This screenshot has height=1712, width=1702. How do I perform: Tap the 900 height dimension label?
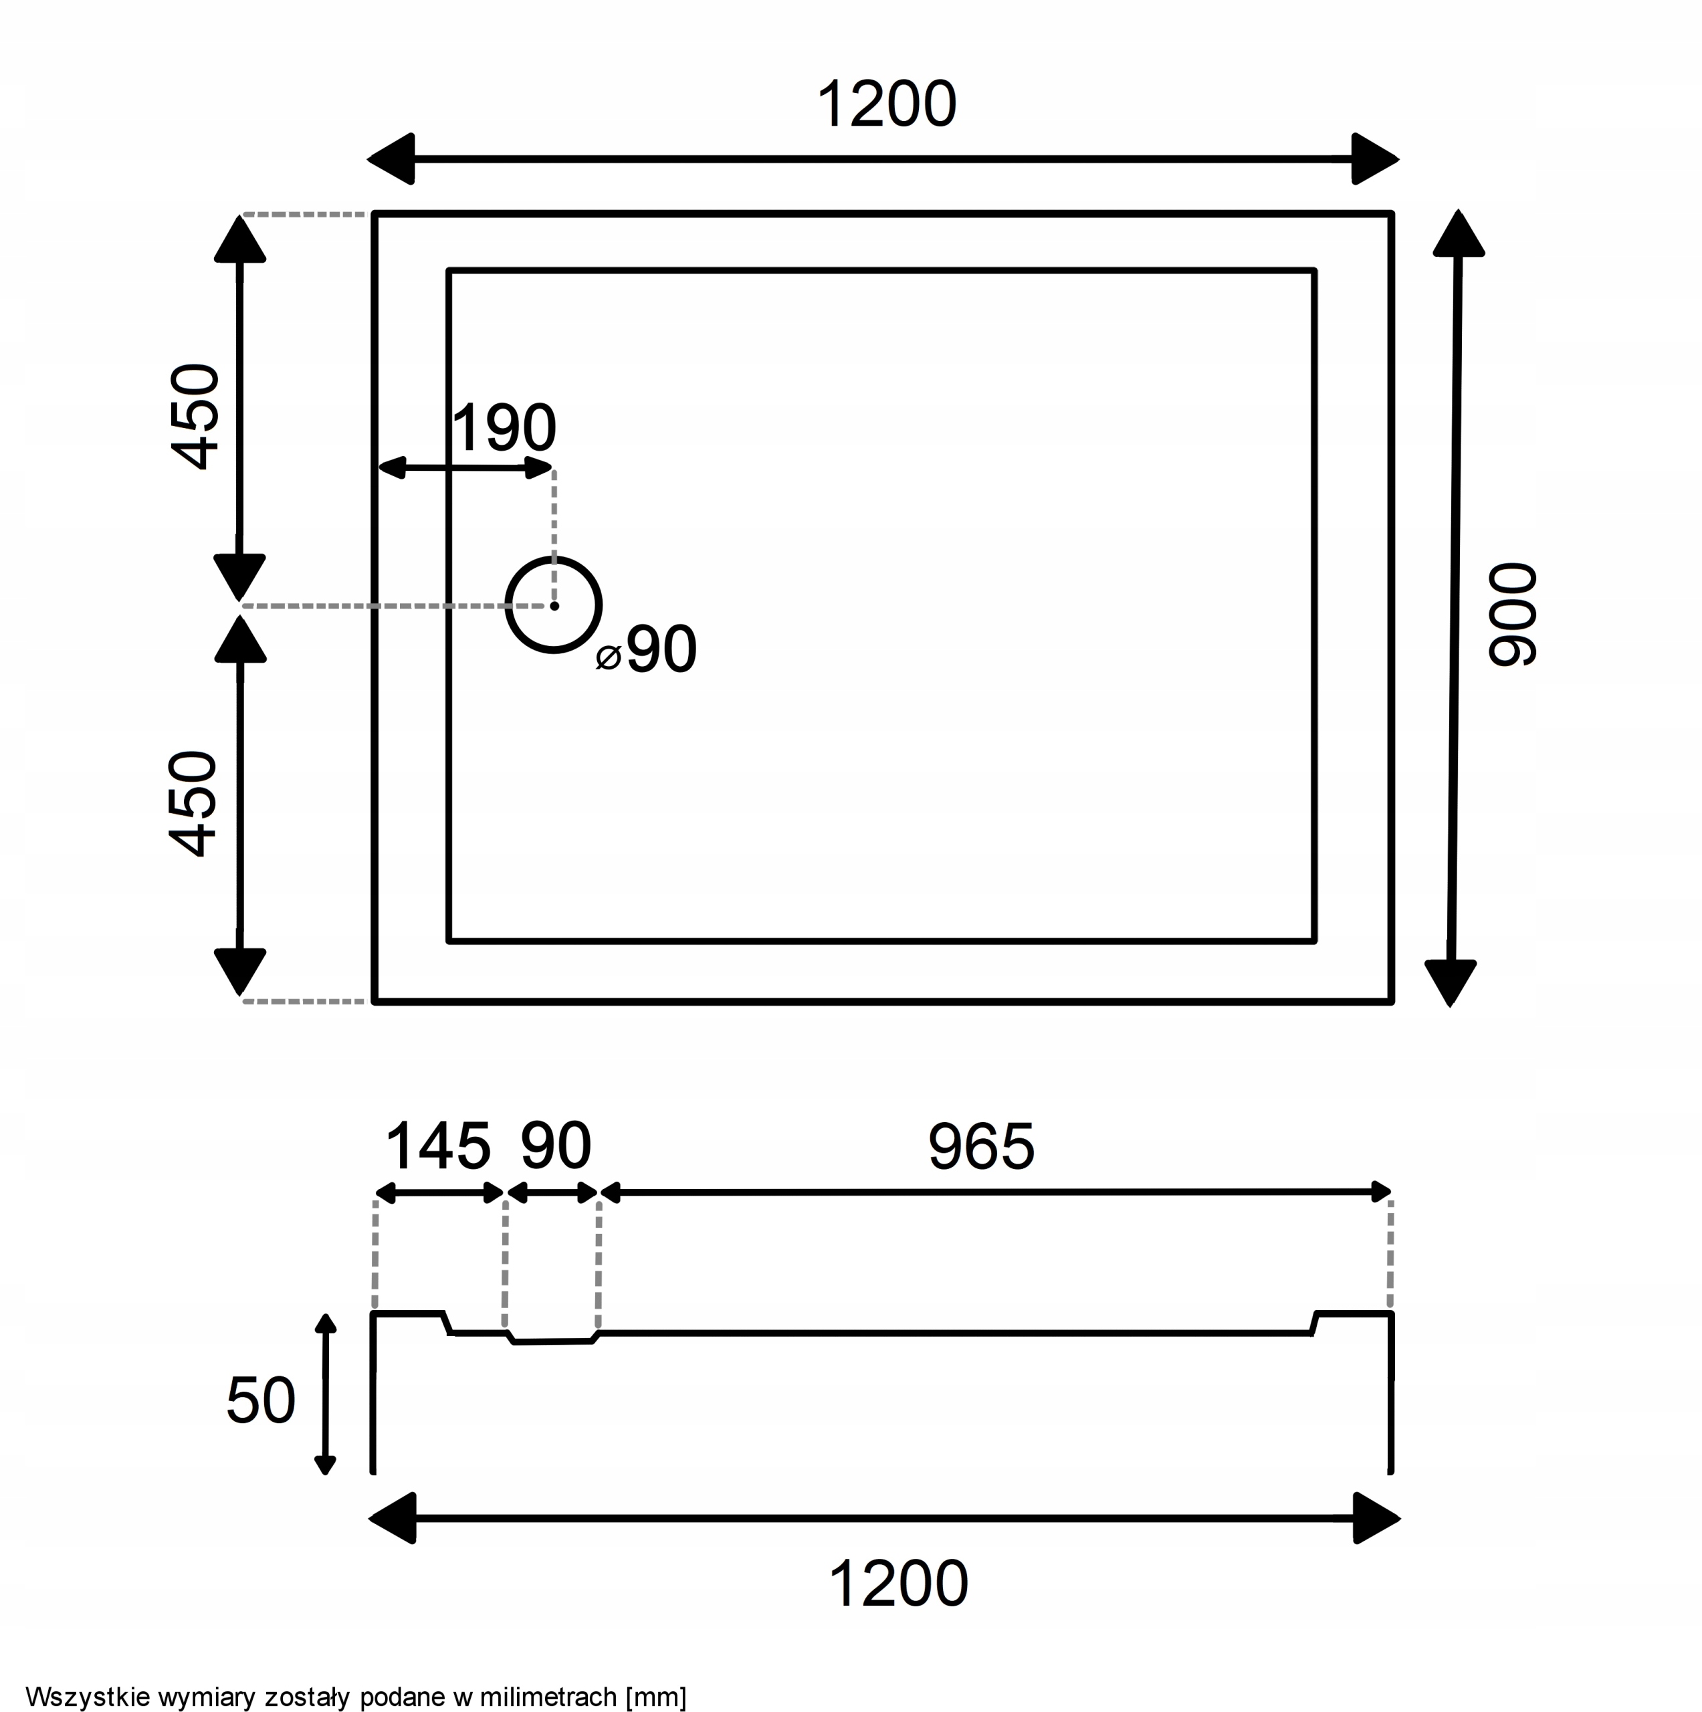[x=1512, y=614]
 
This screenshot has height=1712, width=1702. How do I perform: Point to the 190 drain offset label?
[x=504, y=428]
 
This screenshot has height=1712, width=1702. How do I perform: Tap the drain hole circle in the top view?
[x=554, y=559]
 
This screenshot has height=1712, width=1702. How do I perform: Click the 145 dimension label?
[x=437, y=1146]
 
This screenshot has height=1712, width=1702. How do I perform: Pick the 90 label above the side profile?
[x=556, y=1146]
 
